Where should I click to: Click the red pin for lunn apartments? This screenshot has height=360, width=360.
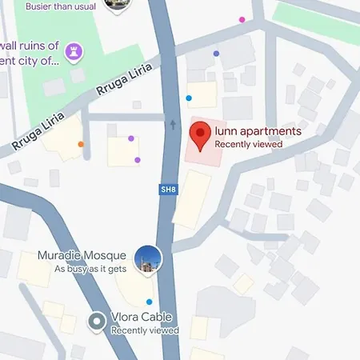(198, 133)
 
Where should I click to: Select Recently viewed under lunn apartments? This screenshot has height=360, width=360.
(249, 144)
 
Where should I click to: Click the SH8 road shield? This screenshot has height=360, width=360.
(167, 190)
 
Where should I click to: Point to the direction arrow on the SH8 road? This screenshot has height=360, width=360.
(173, 124)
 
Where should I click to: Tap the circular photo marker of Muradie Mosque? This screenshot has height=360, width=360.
(148, 259)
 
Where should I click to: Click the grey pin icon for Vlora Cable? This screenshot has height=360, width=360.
(98, 322)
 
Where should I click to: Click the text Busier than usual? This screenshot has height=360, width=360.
(61, 6)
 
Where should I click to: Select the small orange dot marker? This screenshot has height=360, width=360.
(81, 145)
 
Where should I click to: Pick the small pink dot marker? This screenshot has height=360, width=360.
(242, 19)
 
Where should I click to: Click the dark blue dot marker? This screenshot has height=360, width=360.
(216, 54)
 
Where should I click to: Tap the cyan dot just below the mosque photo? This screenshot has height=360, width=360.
(149, 302)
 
